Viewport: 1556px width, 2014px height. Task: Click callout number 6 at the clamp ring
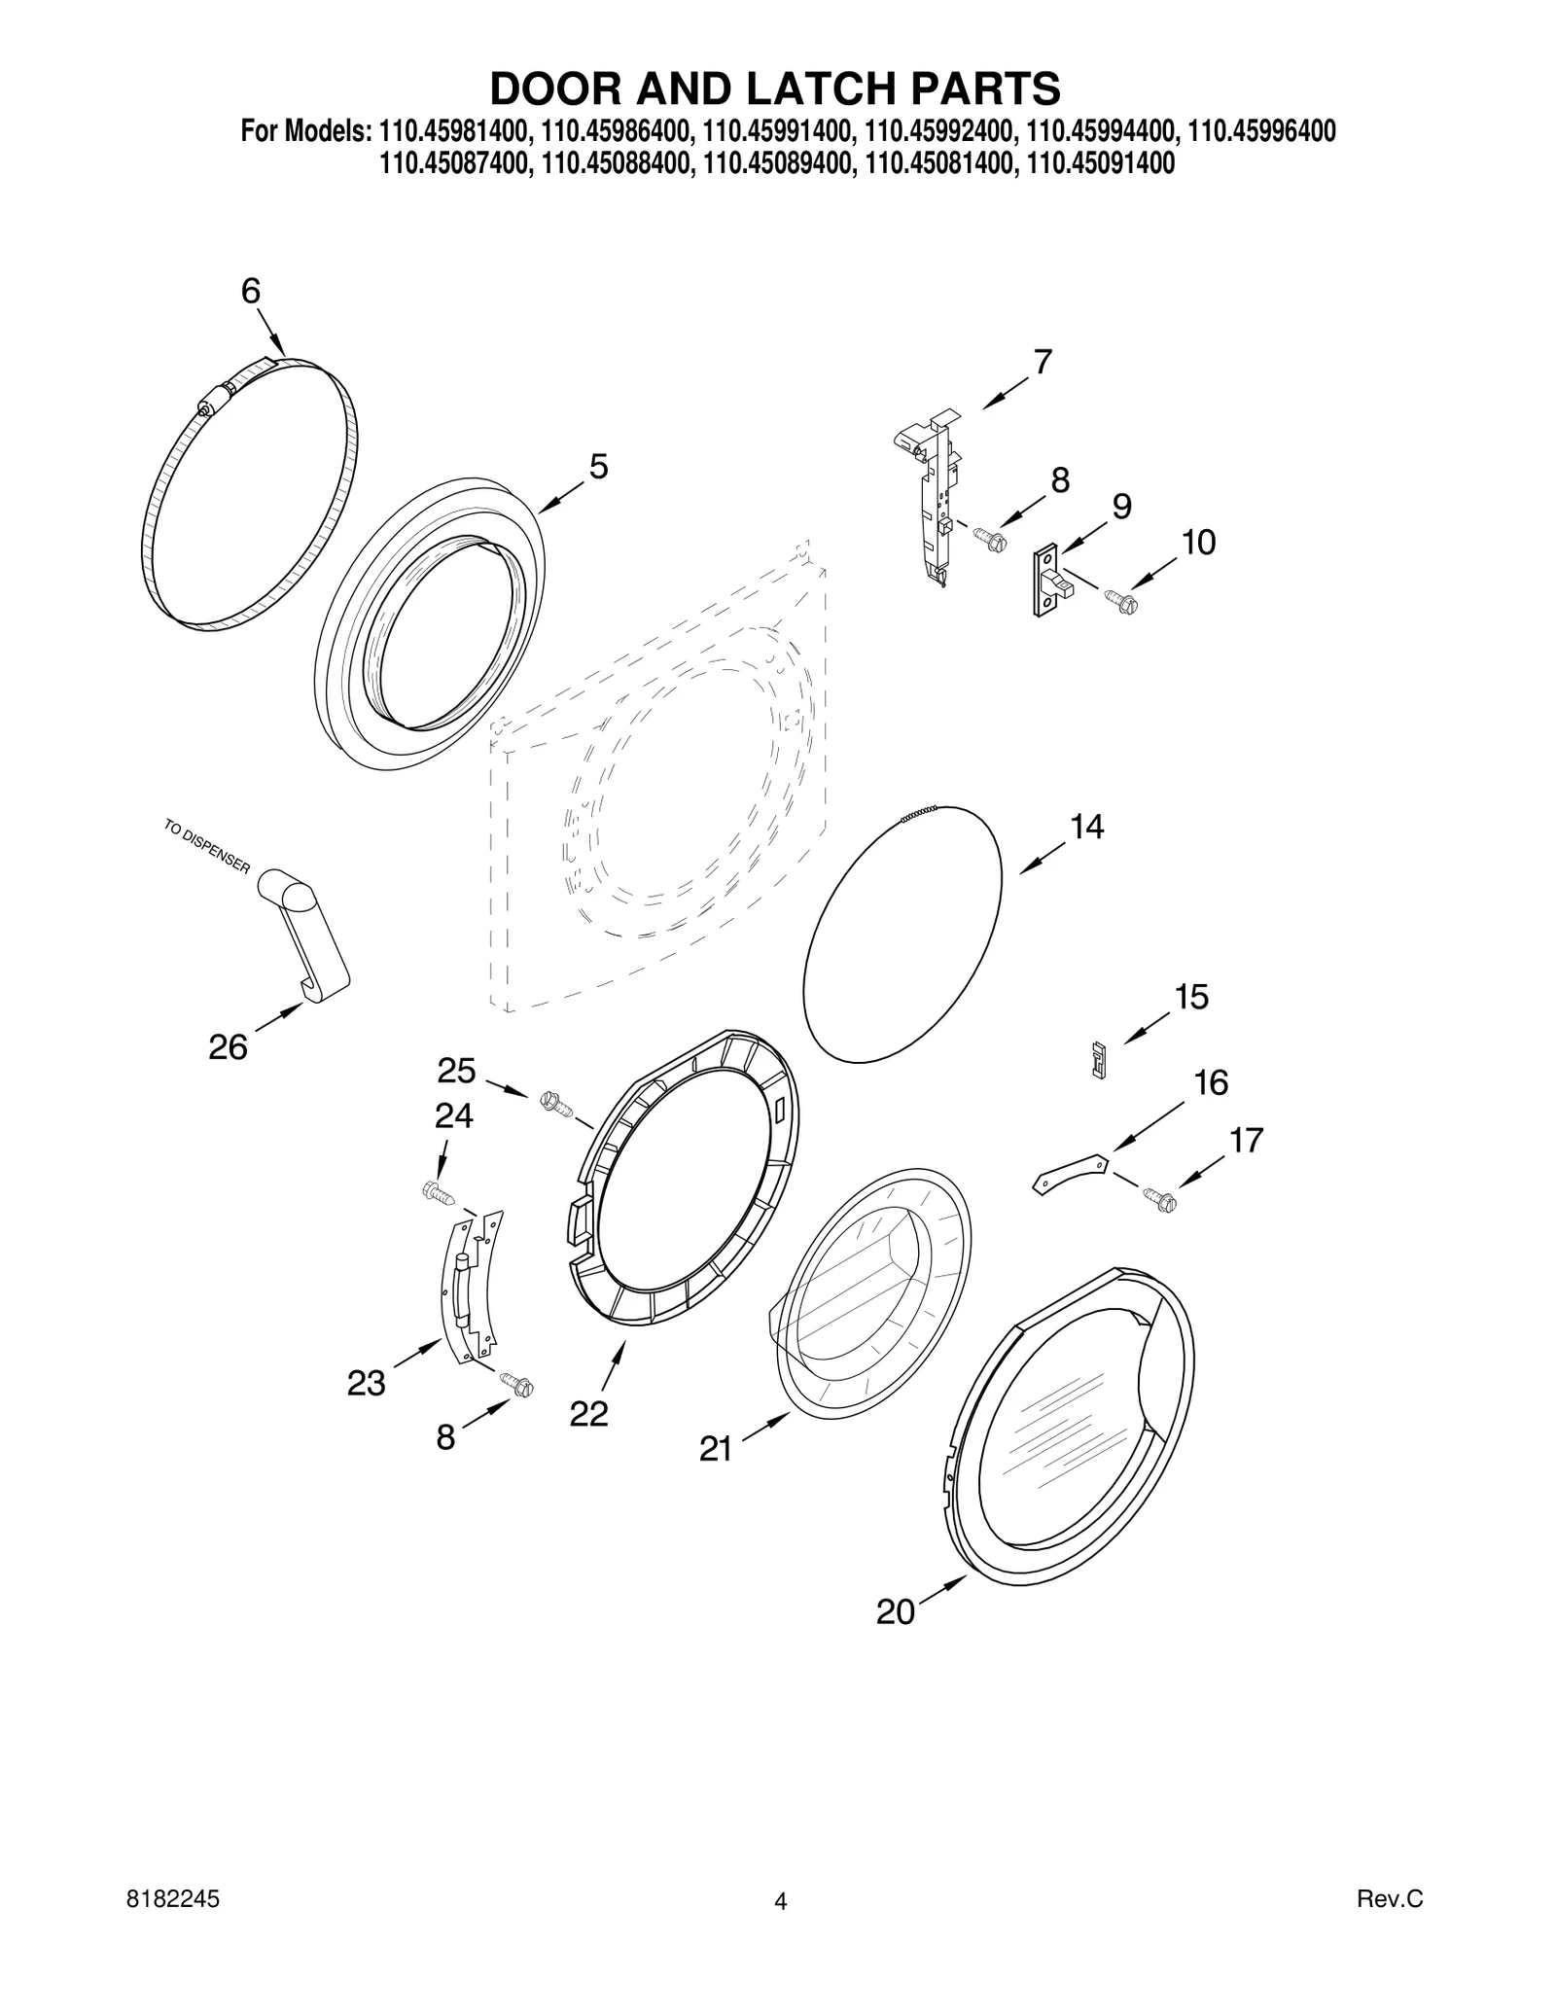tap(251, 291)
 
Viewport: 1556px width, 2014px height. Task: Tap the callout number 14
tap(1086, 827)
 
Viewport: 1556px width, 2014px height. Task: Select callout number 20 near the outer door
tap(895, 1612)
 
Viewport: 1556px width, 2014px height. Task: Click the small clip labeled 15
tap(1099, 1059)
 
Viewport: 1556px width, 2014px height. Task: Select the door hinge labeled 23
tap(472, 1285)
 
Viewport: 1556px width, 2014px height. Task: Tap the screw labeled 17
tap(1159, 1199)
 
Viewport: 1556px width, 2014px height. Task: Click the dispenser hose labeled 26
tap(306, 929)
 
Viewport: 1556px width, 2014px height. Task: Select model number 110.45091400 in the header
tap(1100, 164)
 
